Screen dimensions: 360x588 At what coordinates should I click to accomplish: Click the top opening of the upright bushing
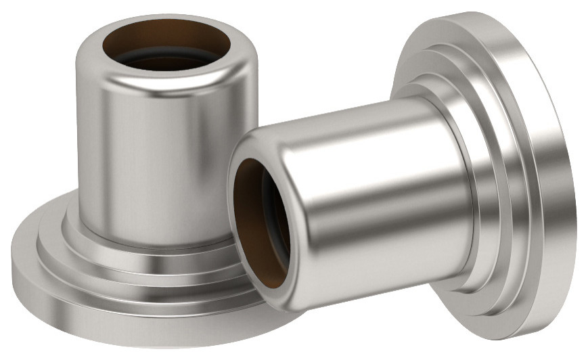[x=166, y=47]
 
